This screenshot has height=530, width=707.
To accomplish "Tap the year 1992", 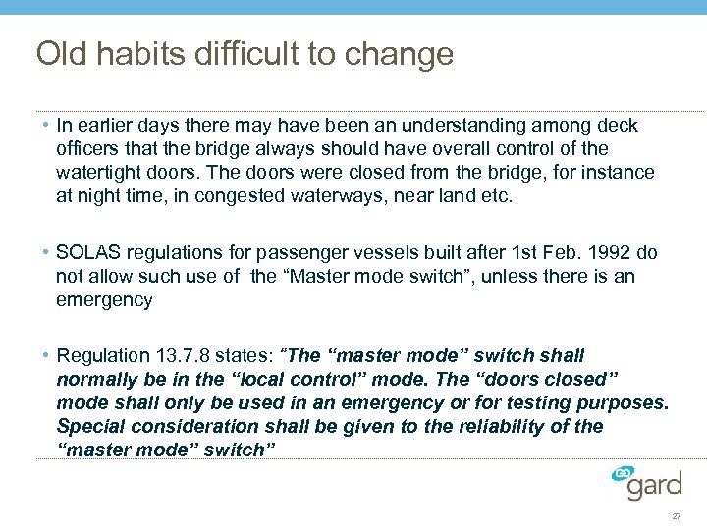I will [615, 253].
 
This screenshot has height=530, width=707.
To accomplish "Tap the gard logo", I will [649, 483].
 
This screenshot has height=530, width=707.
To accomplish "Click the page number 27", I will [676, 516].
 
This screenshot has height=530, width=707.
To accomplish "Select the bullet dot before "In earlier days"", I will [47, 126].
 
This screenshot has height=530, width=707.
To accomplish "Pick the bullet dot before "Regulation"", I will [47, 356].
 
